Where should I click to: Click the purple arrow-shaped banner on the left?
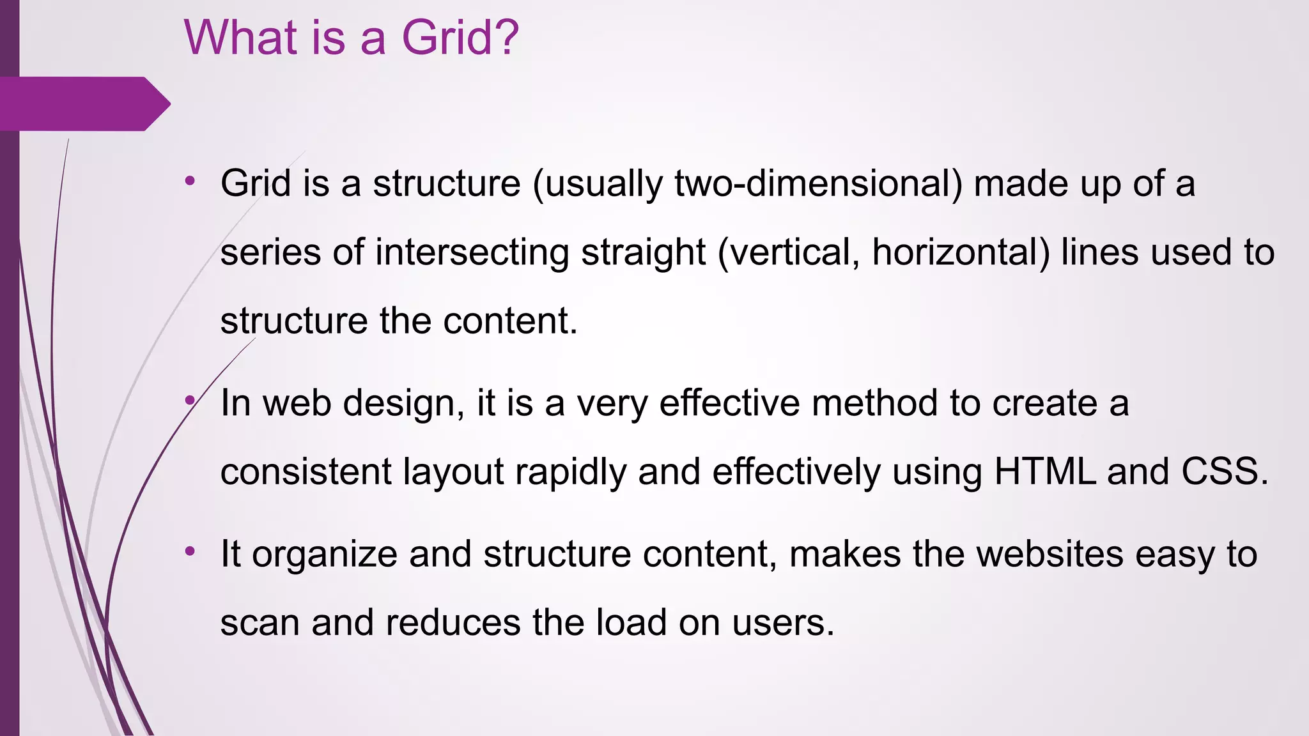[x=83, y=103]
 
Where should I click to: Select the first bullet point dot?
[x=190, y=181]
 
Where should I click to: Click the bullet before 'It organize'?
[x=190, y=551]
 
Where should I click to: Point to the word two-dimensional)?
[x=818, y=184]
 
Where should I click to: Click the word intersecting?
[x=472, y=252]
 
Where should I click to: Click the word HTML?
[x=1044, y=471]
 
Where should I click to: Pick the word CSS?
[x=1224, y=471]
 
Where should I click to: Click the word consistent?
[x=306, y=471]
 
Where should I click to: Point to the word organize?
[x=325, y=555]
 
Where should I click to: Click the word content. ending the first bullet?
[x=510, y=321]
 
